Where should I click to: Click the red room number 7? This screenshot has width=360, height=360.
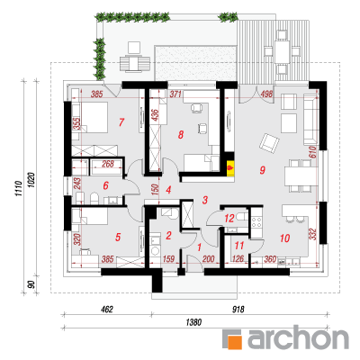(121, 122)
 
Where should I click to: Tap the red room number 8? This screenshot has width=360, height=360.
(180, 135)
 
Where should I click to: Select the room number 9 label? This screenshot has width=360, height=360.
(263, 170)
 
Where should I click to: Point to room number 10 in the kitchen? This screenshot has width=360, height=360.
(284, 238)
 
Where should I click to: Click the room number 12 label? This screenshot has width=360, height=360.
(229, 218)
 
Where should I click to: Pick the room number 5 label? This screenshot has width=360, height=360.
(118, 238)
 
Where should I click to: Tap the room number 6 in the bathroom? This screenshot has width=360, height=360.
(105, 186)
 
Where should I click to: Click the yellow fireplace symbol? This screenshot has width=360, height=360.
(230, 166)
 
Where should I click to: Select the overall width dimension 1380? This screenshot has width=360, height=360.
(193, 322)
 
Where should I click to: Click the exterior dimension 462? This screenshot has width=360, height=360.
(107, 309)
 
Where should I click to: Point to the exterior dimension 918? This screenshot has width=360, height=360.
(239, 309)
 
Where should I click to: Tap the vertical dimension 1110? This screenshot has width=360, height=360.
(19, 189)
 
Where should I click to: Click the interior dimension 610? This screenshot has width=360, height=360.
(312, 152)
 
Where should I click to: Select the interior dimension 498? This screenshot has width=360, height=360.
(266, 94)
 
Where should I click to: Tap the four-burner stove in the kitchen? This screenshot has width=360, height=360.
(256, 223)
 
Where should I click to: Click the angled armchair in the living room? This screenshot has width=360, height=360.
(269, 143)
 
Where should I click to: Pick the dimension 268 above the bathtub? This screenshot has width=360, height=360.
(108, 164)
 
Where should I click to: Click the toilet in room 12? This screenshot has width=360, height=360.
(241, 216)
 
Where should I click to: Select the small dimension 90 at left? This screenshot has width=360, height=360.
(32, 283)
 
